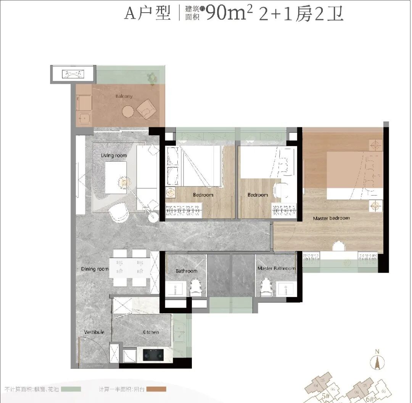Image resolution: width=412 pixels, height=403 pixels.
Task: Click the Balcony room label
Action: pos(124,96)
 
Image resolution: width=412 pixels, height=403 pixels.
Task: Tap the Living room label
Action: pos(114,155)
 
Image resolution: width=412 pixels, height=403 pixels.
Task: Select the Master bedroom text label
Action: pos(331,218)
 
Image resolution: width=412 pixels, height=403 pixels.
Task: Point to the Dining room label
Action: pos(95,269)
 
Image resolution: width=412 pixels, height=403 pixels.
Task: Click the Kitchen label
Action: pos(151,332)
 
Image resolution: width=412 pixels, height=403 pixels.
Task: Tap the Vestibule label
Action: pos(94,332)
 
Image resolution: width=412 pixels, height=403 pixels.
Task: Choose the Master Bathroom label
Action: pos(276,268)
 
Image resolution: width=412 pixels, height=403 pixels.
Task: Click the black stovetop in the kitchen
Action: pos(153,355)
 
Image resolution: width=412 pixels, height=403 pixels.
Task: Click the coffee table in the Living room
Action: pos(116,178)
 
